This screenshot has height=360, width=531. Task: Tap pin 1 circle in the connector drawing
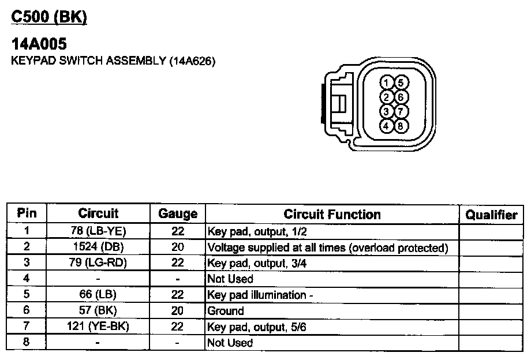click(388, 82)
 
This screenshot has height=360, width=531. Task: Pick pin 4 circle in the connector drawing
click(388, 125)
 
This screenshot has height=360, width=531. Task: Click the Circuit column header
click(98, 213)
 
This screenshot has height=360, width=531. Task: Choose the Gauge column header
click(177, 214)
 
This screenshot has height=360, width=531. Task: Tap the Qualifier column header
click(491, 215)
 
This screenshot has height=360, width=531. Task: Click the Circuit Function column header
click(332, 214)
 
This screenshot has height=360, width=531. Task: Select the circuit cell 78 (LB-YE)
click(98, 231)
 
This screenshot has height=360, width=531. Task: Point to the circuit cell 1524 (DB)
click(98, 247)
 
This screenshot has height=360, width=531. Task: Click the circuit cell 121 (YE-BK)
click(98, 327)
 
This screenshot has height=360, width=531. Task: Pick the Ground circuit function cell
click(226, 311)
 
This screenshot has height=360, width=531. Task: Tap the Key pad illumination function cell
click(260, 295)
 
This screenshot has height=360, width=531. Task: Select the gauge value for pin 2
click(177, 247)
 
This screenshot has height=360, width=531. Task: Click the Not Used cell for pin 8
click(230, 343)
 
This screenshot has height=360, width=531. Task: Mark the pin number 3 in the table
click(27, 263)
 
